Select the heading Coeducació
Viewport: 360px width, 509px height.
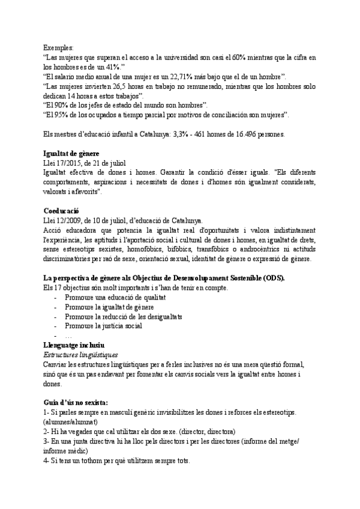click(62, 211)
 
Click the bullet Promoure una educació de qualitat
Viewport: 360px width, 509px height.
click(115, 298)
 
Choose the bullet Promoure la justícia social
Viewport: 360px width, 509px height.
click(103, 326)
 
